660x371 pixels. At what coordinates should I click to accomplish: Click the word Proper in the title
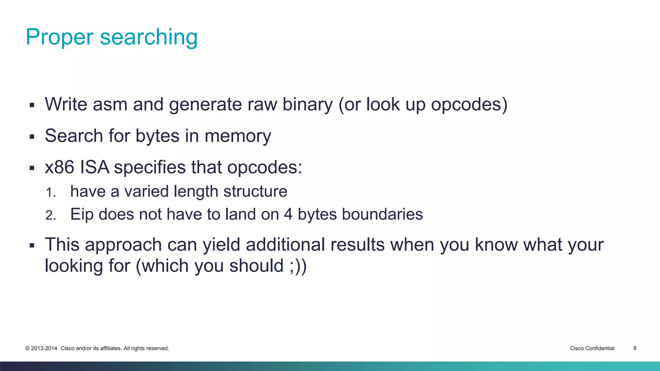(x=59, y=37)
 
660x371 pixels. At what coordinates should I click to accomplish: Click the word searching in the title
(x=149, y=37)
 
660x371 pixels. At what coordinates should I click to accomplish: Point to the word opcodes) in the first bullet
(x=469, y=105)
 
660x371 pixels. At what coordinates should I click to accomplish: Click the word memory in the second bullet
(x=238, y=136)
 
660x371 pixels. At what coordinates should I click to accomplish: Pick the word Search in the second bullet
(x=74, y=136)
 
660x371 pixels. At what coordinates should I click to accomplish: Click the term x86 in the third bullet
(x=60, y=167)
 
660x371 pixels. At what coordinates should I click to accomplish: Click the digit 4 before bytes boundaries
(x=288, y=214)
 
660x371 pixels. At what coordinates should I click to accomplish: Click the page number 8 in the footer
(x=635, y=348)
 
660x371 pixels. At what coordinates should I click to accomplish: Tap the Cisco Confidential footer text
(x=592, y=348)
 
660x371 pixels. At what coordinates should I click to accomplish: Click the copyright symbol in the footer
(x=28, y=348)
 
